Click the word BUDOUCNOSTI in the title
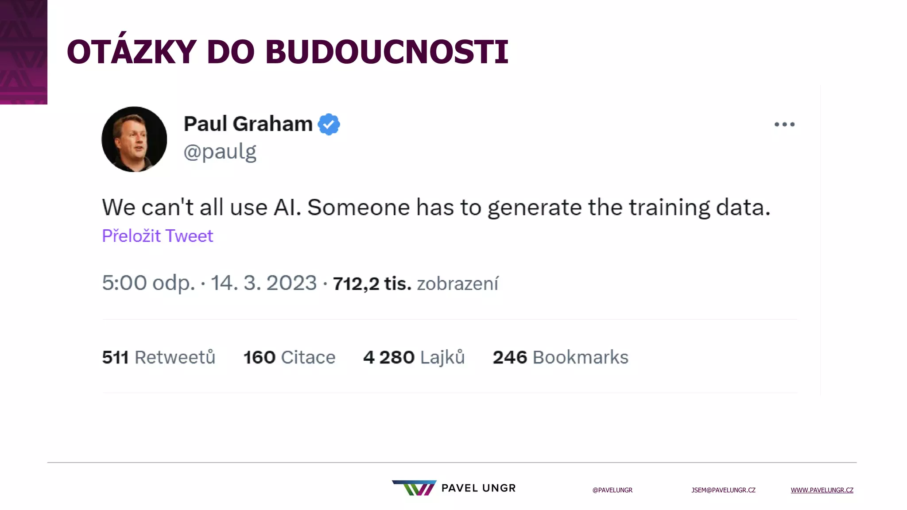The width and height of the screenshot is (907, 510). pos(387,52)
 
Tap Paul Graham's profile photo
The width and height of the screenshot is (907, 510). pos(134,139)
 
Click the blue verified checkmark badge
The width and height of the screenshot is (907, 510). pos(329,124)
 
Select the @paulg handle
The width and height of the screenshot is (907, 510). pos(220,152)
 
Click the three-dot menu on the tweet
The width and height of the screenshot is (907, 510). pos(784,124)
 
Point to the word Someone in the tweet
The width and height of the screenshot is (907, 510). pos(359,207)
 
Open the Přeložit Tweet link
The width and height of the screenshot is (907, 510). pos(158,236)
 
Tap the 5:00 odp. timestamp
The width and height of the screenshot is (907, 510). pos(148,283)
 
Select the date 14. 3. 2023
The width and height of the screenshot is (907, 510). pos(264,283)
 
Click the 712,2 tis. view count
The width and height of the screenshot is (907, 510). pos(372,284)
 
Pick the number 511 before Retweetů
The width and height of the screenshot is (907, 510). pos(115,357)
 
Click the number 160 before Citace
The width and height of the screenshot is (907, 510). pos(260,357)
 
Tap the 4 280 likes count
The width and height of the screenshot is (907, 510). pos(389,357)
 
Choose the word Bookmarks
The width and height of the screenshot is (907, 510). pos(580,357)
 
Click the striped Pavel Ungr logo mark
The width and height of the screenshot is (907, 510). pos(414,488)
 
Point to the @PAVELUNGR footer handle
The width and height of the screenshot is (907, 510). pos(612,490)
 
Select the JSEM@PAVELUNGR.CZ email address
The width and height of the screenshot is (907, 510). pos(723,490)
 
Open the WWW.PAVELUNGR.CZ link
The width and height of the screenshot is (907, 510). pos(822,490)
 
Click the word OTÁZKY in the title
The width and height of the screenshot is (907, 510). pos(132,52)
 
